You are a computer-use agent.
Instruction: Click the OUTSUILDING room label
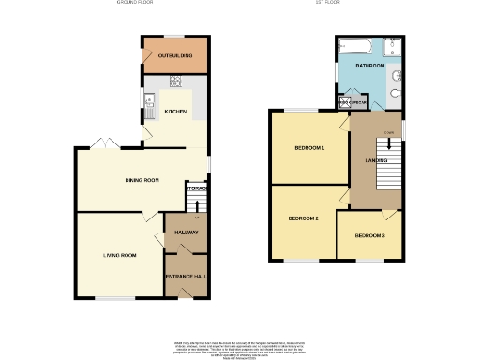tap(175, 56)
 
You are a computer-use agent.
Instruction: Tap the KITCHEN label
tap(175, 112)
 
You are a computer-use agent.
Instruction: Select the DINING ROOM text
tap(142, 179)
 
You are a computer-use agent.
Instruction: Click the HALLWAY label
tap(186, 233)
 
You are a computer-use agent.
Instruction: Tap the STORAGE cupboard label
tap(196, 189)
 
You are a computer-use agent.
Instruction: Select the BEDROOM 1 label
tap(309, 149)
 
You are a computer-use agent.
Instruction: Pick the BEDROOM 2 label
tap(303, 218)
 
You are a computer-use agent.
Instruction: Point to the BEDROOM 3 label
tap(369, 235)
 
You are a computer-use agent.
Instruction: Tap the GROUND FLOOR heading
tap(134, 4)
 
